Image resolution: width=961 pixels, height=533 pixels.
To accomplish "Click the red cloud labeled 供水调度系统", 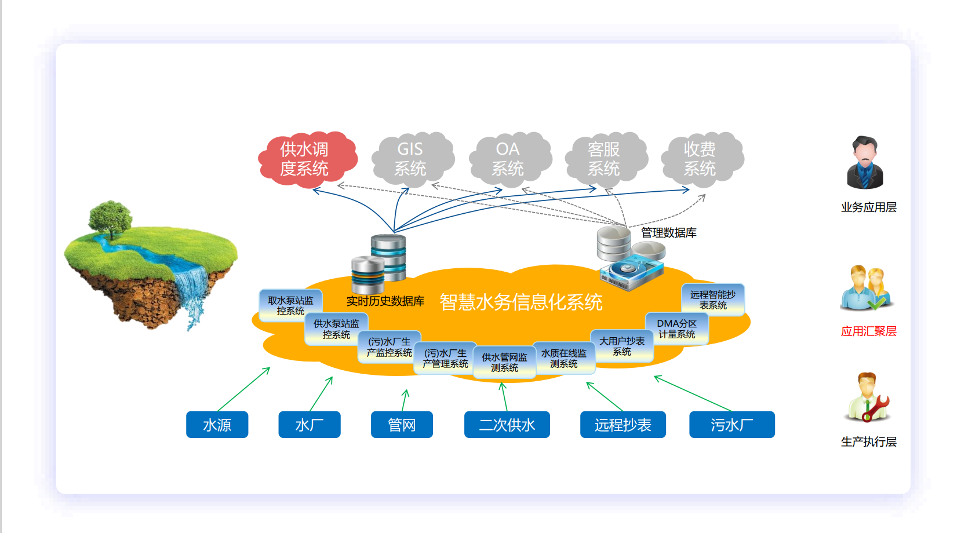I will coord(305,159).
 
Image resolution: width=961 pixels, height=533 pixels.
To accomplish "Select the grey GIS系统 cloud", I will coord(410,159).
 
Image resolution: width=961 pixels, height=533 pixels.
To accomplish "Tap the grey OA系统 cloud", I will coord(508,159).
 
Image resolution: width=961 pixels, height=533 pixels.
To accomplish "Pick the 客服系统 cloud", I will coord(604,159).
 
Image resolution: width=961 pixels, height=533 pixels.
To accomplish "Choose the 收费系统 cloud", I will coord(700,159).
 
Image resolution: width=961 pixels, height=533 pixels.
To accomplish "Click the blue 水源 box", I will coord(217,425).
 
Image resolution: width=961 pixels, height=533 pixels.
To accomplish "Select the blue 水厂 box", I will coord(310,425).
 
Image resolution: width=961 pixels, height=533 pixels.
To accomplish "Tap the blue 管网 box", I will coord(402,425).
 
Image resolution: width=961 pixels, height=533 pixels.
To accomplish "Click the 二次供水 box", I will coord(507,425).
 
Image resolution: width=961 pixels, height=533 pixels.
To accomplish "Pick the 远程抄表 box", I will coord(623,425).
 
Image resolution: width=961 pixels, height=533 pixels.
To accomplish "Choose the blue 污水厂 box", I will coord(732,425).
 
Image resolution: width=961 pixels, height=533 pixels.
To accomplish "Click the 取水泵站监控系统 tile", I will coord(290,305).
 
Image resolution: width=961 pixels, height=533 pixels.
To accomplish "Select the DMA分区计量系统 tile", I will coord(677,328).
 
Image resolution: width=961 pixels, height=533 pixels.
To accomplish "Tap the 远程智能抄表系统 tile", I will coord(713,300).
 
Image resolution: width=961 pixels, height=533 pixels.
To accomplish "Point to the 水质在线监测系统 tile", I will coord(564,358).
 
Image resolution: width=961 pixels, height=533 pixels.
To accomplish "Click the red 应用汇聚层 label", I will coord(869,331).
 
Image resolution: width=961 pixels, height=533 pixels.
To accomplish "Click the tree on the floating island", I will coord(110,217).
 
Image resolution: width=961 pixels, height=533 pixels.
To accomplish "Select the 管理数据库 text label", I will coord(669,233).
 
